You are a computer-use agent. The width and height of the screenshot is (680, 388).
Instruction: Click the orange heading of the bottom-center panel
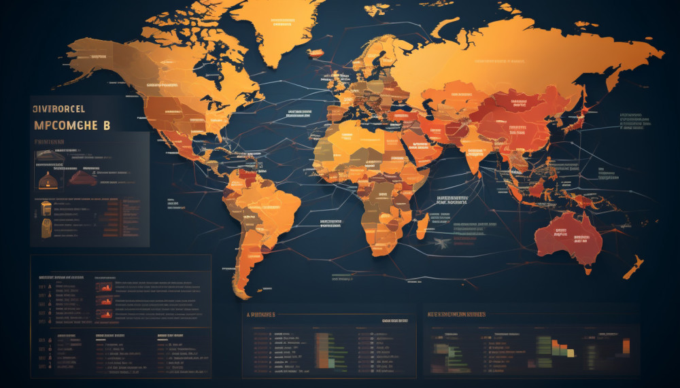point(262,315)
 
